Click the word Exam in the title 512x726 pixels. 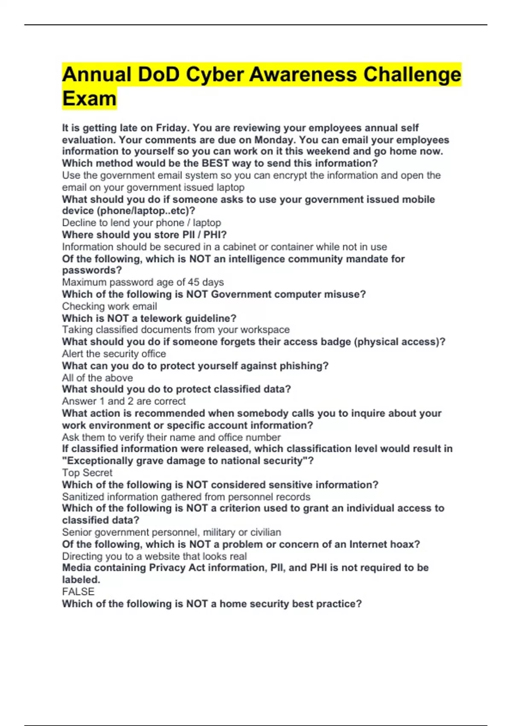point(89,99)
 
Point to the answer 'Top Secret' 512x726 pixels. point(87,473)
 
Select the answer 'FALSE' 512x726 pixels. point(78,591)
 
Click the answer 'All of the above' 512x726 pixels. point(97,378)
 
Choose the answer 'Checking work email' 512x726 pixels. point(109,306)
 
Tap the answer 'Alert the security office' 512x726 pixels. point(114,354)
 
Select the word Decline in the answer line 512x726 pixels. point(79,222)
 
